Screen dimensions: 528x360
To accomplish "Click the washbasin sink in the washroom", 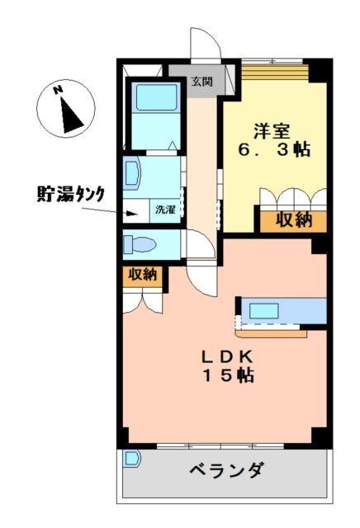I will coord(132,174).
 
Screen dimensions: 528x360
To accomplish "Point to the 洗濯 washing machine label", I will coord(165,210).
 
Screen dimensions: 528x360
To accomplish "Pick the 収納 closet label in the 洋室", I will coord(294,219).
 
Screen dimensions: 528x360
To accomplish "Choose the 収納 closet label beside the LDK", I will coord(142,276).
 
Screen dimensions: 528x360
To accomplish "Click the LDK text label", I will coord(229,356).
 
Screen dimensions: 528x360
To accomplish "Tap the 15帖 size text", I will coord(229,376).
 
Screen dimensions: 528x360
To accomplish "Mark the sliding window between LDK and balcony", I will coord(220,446).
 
